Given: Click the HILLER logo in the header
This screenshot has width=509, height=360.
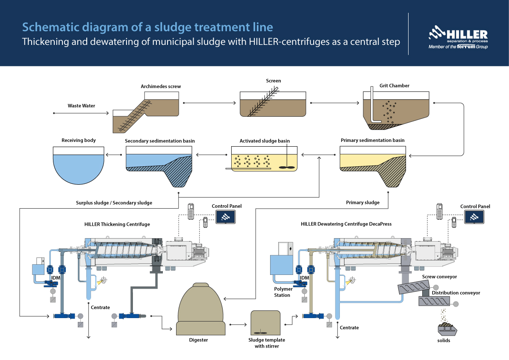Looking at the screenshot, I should tap(458, 38).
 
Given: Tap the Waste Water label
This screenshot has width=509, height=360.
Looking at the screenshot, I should tap(81, 106).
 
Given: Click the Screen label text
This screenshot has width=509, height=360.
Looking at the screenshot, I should tap(274, 81).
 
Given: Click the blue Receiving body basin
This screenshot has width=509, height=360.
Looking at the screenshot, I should tap(79, 165).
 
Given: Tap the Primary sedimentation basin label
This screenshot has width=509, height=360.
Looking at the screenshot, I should tap(372, 140).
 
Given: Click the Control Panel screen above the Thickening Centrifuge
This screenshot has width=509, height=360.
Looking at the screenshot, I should tap(227, 217).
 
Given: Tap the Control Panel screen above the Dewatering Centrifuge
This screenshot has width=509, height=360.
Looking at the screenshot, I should tap(474, 217).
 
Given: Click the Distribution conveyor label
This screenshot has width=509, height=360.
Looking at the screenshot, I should tap(456, 293).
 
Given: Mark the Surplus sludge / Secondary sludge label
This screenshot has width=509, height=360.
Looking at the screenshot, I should tap(111, 203).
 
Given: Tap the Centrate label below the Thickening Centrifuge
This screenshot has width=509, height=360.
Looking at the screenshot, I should tap(100, 307).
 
